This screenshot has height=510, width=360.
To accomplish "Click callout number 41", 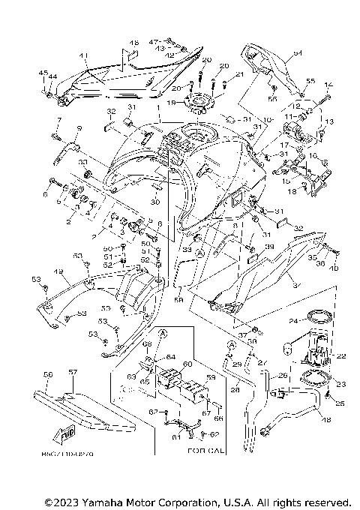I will coord(83,55).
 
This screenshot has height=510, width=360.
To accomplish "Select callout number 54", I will coord(297,53).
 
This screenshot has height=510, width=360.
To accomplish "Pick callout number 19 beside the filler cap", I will coord(171,103).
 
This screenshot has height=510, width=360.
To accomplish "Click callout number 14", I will coord(327,85).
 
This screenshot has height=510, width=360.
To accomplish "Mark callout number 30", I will coord(154,202).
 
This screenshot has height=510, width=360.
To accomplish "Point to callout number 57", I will coord(73,373).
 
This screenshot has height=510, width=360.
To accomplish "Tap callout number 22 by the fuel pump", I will coord(342,356).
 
